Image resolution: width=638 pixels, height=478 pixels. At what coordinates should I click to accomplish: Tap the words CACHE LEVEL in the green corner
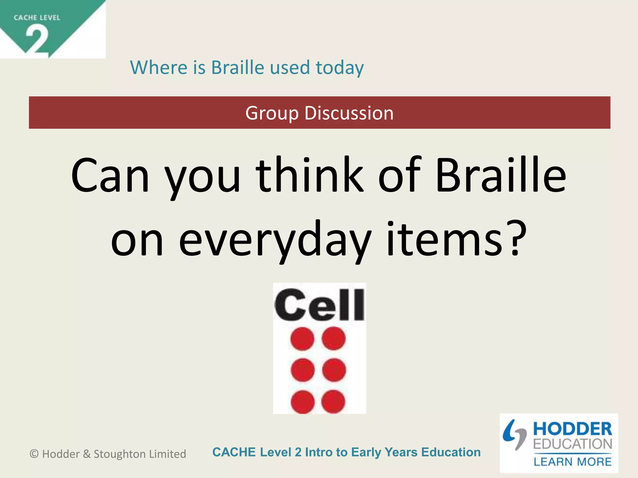[x=37, y=18]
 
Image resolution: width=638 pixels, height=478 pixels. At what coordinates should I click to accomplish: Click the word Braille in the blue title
[x=238, y=68]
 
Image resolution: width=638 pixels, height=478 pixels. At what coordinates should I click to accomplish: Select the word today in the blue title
[x=340, y=68]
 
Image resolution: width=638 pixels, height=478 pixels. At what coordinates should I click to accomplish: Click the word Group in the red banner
[x=272, y=113]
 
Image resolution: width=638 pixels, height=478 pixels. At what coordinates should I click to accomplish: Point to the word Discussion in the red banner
[x=349, y=113]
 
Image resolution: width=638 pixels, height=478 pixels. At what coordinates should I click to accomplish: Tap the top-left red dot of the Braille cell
[x=302, y=339]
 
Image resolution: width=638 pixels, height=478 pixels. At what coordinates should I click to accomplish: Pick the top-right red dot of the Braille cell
[x=334, y=338]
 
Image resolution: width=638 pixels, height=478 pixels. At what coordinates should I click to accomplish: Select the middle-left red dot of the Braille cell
[x=302, y=370]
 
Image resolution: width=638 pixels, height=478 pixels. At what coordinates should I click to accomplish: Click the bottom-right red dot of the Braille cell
[x=333, y=401]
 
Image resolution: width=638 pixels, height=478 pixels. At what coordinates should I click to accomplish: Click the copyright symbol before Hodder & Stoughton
[x=34, y=454]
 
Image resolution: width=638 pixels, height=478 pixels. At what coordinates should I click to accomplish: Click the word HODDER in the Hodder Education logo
[x=572, y=429]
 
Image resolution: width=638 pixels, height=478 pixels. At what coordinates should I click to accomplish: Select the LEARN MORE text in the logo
[x=572, y=462]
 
